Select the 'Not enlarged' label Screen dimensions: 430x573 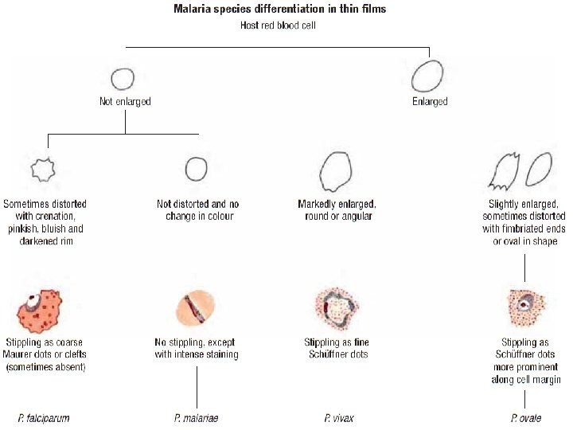coord(125,102)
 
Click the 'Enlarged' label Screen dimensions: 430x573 coord(430,102)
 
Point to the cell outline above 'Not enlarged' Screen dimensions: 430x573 coord(122,79)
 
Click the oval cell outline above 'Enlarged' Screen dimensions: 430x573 coord(426,77)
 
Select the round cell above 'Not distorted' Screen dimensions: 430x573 coord(196,169)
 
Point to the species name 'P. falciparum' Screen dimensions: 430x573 coord(45,418)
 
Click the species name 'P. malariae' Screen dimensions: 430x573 coord(197,418)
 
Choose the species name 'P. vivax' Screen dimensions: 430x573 coord(339,418)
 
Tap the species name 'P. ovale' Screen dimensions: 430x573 coord(526,418)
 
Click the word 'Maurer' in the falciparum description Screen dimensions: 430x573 coord(21,354)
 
